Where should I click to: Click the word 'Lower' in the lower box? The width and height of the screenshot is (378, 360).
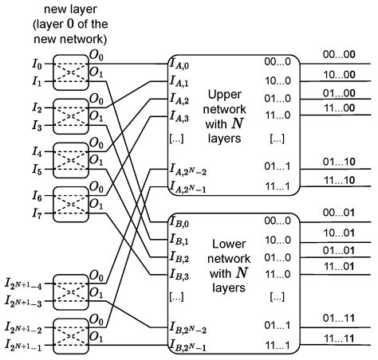(228, 243)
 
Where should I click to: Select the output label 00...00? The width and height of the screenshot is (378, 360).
(338, 55)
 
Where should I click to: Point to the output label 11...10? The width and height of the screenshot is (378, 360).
(338, 181)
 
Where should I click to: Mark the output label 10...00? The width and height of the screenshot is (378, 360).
(338, 74)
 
